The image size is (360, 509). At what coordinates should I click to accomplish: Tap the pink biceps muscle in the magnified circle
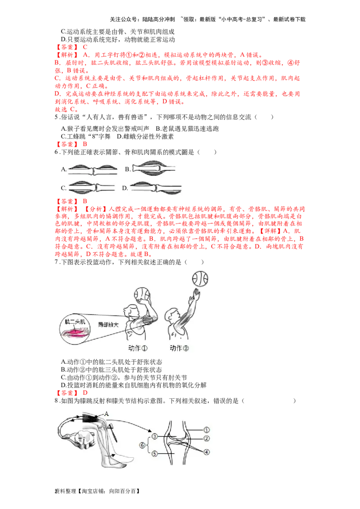pyautogui.click(x=76, y=333)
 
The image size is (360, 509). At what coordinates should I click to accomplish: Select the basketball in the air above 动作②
pyautogui.click(x=199, y=279)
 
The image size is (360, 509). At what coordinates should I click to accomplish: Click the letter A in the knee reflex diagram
pyautogui.click(x=107, y=412)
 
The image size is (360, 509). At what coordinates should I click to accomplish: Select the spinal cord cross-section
pyautogui.click(x=82, y=441)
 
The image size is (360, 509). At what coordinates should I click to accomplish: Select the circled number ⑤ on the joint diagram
pyautogui.click(x=154, y=454)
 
